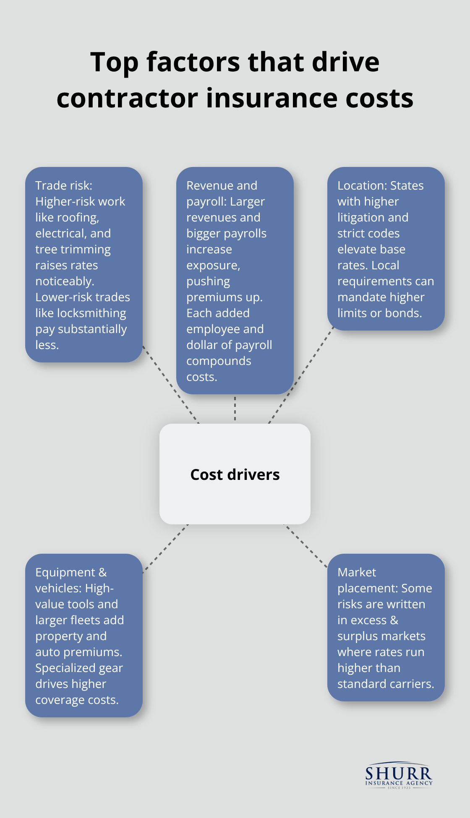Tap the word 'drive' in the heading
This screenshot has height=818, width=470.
point(345,62)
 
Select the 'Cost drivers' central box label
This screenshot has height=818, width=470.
point(235,474)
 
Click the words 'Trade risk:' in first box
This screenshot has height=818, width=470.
point(64,185)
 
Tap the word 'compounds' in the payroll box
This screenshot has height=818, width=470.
point(219,361)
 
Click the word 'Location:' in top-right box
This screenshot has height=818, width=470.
point(362,185)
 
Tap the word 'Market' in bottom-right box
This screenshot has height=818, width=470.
point(356,572)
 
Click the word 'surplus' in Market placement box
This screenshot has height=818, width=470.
point(358,636)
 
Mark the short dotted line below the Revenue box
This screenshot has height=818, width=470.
point(235,409)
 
